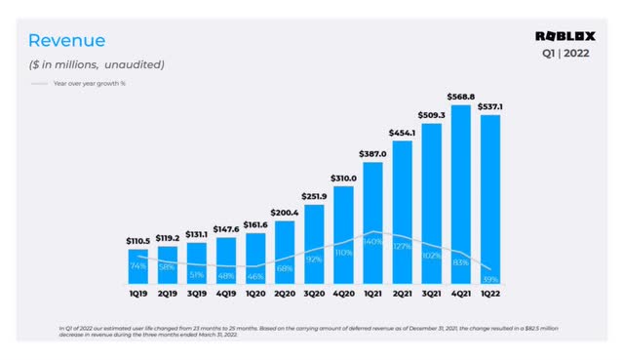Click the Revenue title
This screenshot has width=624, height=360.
click(66, 40)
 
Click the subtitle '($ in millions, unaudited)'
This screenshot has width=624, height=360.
click(96, 64)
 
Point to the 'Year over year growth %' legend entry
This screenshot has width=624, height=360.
click(92, 83)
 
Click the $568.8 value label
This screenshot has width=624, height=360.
click(463, 96)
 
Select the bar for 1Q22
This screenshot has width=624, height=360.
click(492, 195)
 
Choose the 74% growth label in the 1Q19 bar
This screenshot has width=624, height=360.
click(138, 265)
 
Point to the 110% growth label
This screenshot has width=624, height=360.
click(343, 252)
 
